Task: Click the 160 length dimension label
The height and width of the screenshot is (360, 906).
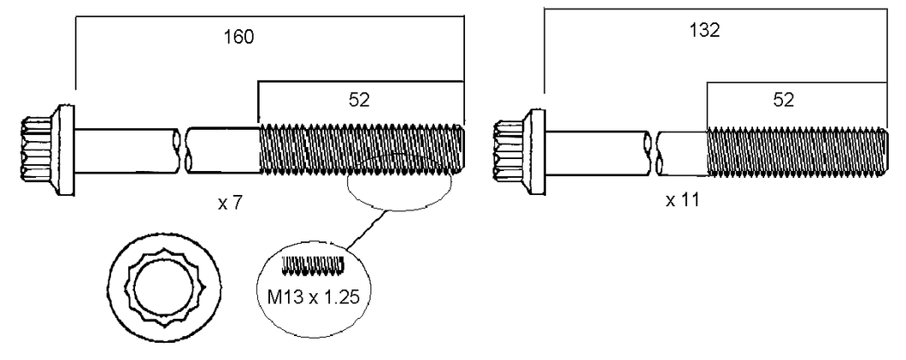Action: [239, 38]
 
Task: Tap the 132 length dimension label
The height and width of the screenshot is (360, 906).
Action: [705, 31]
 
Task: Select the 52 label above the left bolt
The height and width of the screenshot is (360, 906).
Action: [359, 101]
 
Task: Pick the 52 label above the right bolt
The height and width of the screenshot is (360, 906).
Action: [784, 101]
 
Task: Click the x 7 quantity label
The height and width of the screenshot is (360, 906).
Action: [229, 204]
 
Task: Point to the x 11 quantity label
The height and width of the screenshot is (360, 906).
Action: [682, 200]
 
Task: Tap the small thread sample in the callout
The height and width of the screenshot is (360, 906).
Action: [314, 265]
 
